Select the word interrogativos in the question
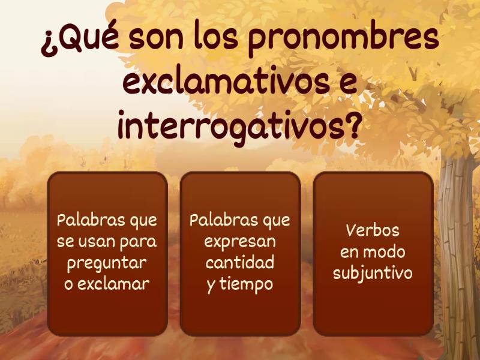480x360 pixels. pos(231,127)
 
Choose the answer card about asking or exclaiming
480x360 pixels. pos(107,253)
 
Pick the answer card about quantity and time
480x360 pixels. pos(240,253)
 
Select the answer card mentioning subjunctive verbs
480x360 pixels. pos(373,253)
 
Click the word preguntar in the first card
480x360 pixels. pos(107,263)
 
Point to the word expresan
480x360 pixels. pos(240,242)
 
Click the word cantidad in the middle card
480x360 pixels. pos(240,263)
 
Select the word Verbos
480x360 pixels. pos(373,231)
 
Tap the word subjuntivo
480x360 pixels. pos(373,274)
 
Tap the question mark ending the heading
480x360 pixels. pos(355,127)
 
